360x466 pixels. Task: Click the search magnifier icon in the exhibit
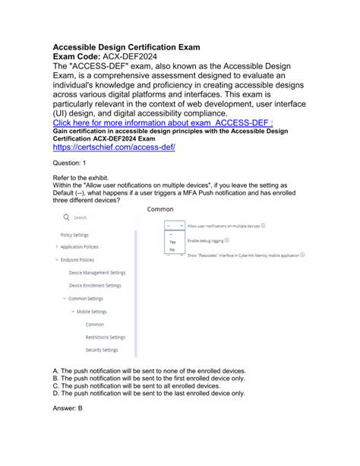(66, 217)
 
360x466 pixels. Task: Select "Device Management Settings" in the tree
(97, 272)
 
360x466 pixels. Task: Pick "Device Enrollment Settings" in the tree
(95, 285)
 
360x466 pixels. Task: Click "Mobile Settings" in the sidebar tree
(91, 311)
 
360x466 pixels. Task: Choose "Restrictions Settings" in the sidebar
(106, 337)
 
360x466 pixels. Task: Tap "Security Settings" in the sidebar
(102, 350)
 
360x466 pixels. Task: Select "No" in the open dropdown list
(172, 249)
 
